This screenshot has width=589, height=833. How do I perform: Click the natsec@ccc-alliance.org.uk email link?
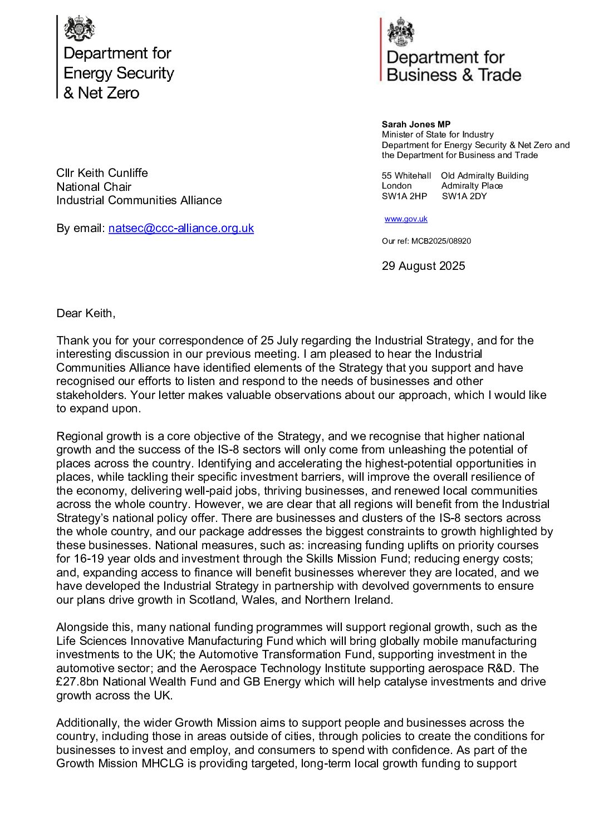tap(181, 228)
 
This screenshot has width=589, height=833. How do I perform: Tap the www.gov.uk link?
tap(406, 219)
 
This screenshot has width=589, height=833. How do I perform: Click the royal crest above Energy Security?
tap(80, 28)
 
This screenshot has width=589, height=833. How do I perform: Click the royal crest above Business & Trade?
tap(401, 32)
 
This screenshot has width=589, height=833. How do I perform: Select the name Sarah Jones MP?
tap(409, 125)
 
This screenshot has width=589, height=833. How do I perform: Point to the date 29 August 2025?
tap(423, 266)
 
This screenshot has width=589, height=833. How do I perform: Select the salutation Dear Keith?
tap(86, 313)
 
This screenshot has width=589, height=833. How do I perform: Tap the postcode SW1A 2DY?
tap(464, 196)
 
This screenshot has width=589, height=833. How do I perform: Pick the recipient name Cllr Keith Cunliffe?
tap(102, 173)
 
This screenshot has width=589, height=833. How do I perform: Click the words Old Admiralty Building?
tap(484, 176)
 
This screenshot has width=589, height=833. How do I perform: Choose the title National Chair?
tap(94, 187)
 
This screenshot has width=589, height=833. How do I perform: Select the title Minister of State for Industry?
tap(438, 135)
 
